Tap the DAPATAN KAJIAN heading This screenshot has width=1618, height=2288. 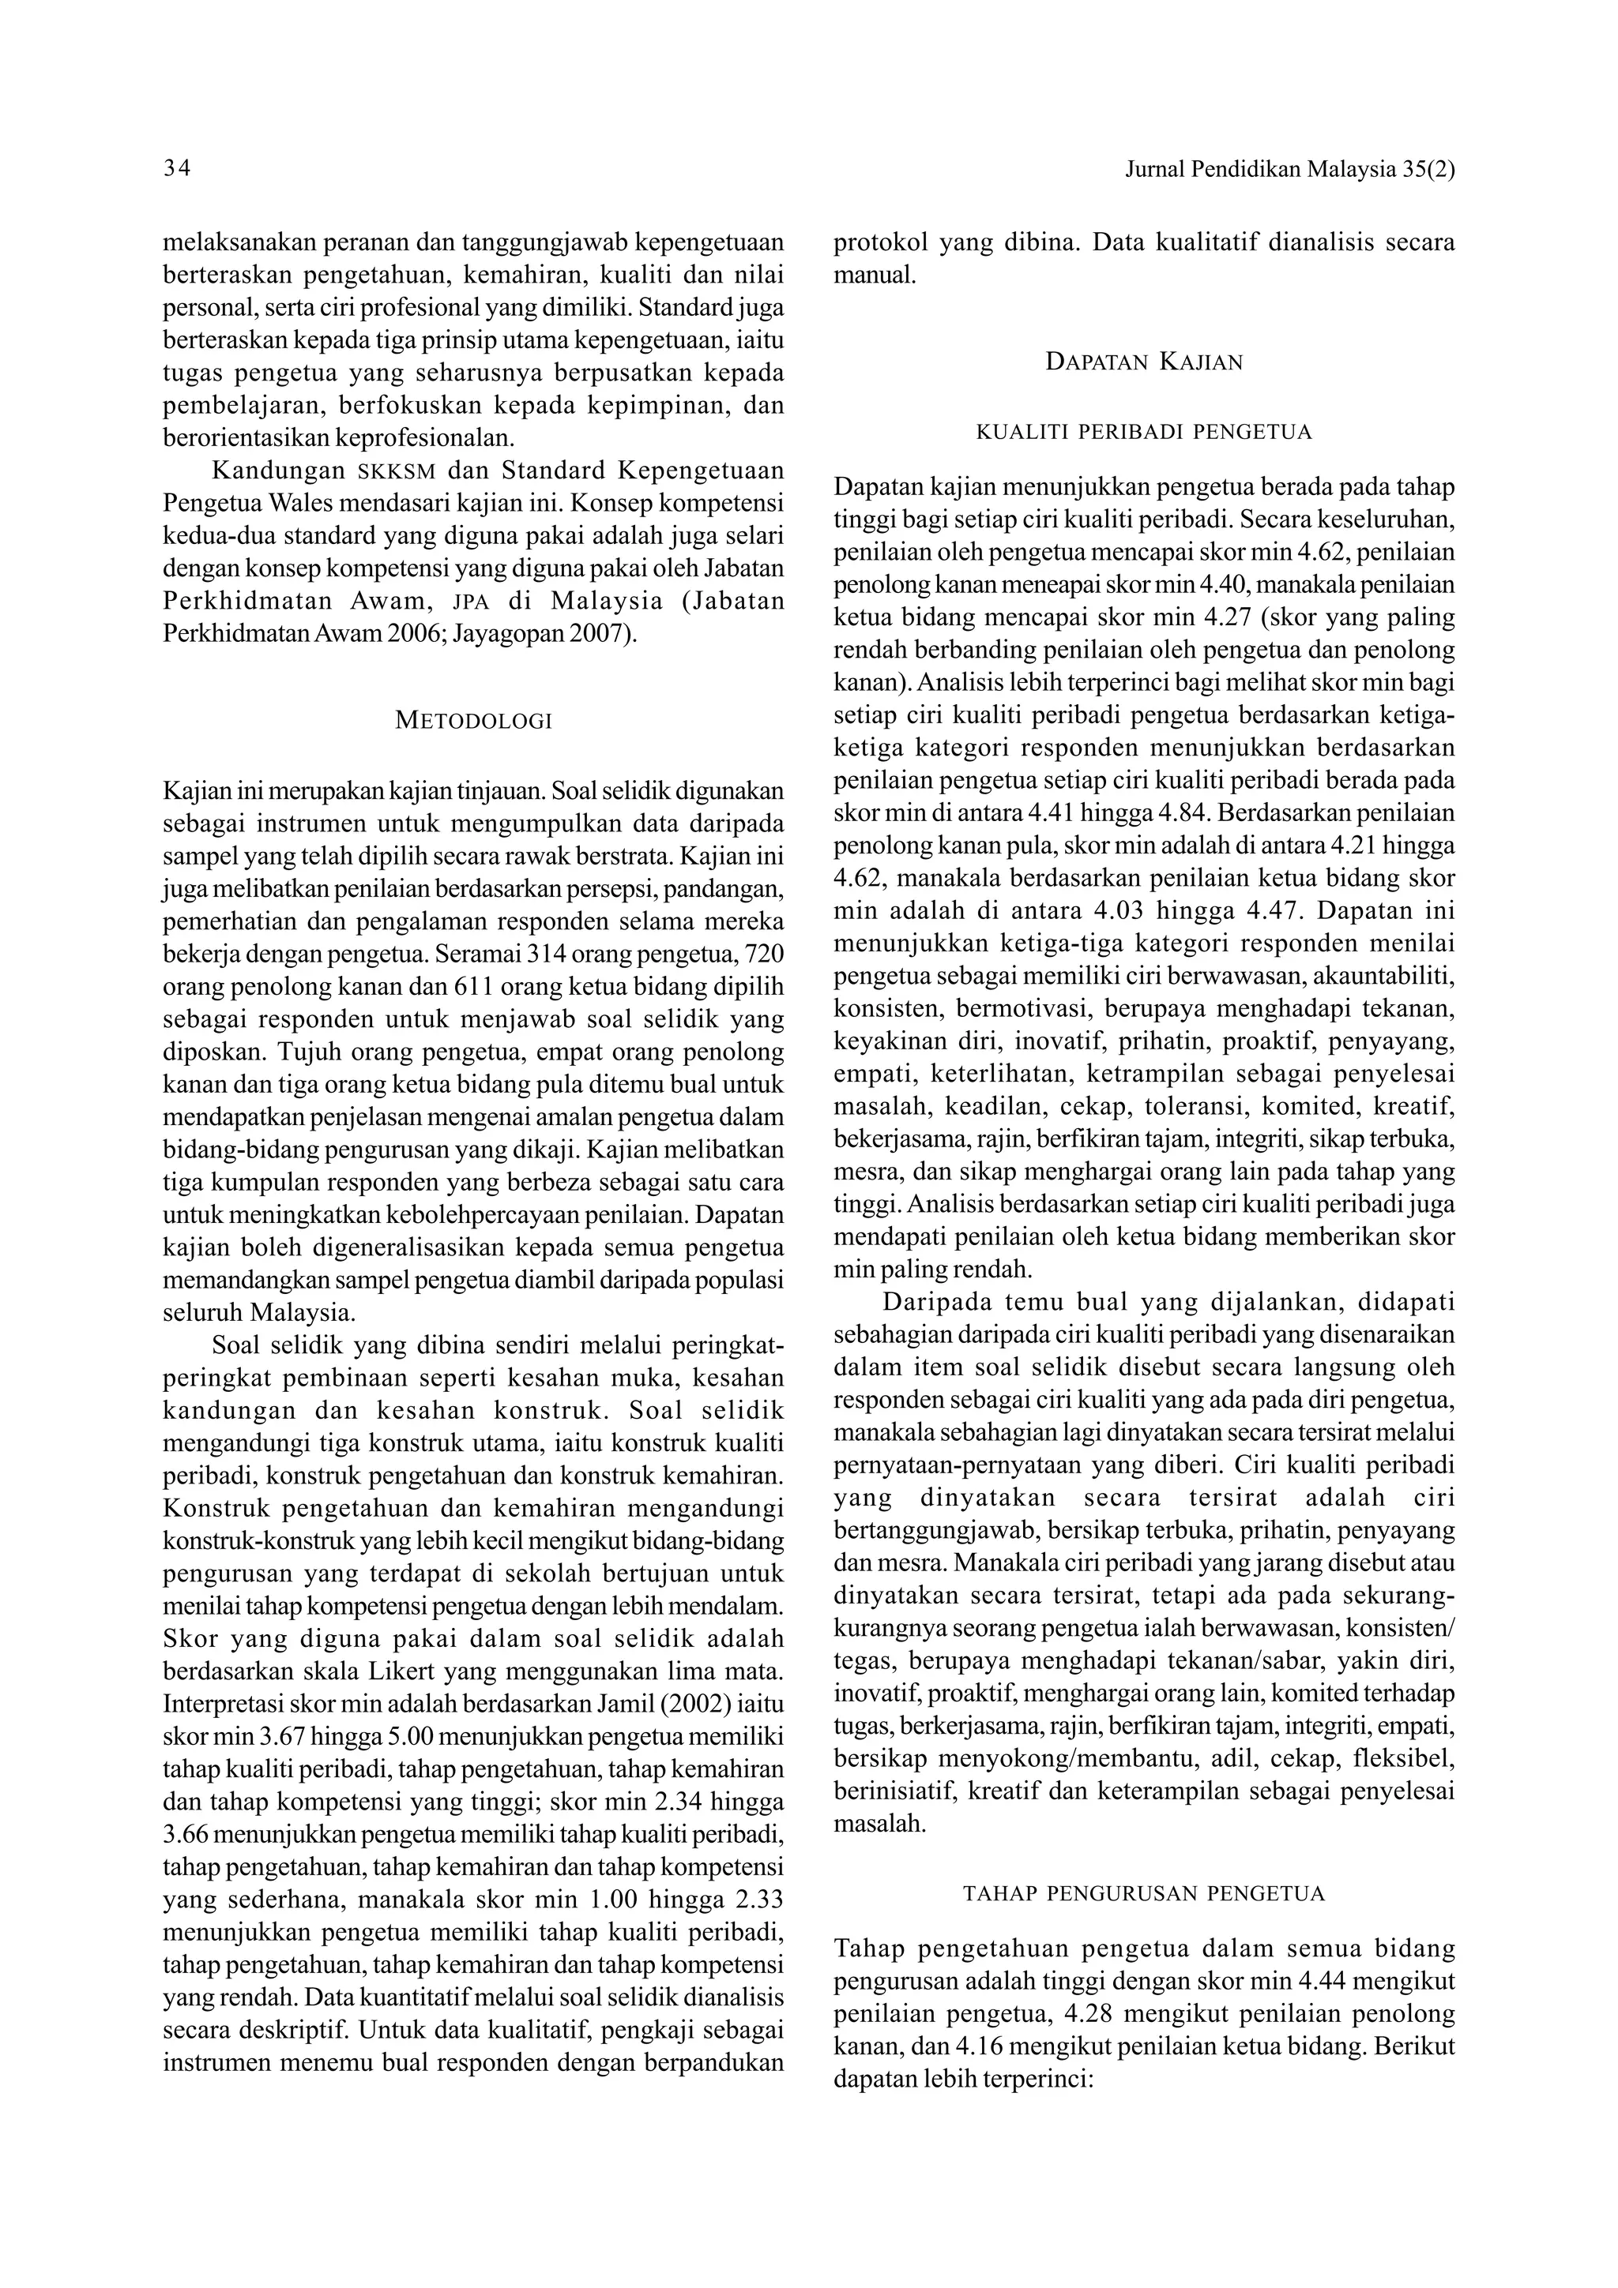click(x=1145, y=362)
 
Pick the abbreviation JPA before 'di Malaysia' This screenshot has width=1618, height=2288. click(x=472, y=602)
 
